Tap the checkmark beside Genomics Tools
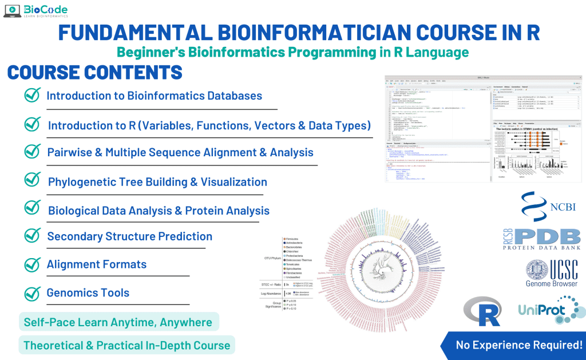tap(32, 292)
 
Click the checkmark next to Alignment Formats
tap(32, 264)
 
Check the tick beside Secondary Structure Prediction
tap(32, 236)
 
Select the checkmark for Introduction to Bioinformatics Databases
tap(32, 95)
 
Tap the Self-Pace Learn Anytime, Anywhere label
tap(118, 322)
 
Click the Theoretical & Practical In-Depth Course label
tap(126, 345)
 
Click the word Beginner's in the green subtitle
tap(146, 52)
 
